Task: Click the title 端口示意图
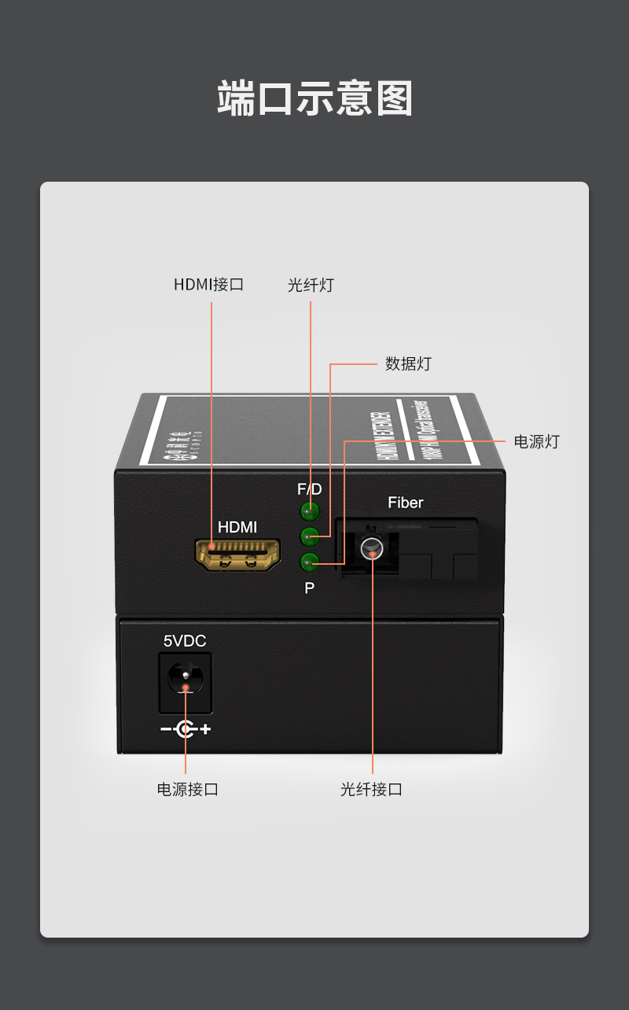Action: point(314,99)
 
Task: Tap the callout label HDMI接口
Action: point(208,285)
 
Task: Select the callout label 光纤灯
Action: point(311,286)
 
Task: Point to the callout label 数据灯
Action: point(408,364)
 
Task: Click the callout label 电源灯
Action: point(536,441)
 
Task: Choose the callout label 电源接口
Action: point(188,789)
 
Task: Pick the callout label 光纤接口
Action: point(371,789)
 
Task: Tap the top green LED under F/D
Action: point(310,512)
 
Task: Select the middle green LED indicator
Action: point(310,537)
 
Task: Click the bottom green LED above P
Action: point(310,562)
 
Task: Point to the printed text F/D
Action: point(310,489)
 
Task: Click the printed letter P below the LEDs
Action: point(310,588)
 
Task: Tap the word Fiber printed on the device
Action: point(406,503)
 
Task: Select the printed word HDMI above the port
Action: point(237,527)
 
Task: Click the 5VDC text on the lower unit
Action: point(185,641)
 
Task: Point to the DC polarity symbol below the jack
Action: point(186,729)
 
